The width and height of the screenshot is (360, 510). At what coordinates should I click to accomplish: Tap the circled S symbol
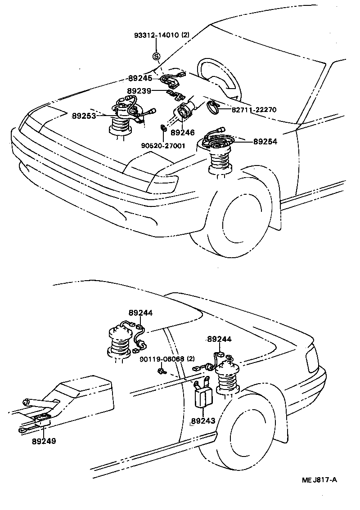click(156, 57)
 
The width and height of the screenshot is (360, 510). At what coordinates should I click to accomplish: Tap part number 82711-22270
click(254, 109)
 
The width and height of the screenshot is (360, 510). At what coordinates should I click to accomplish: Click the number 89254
click(265, 141)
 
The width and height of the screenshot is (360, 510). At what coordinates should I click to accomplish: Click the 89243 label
click(203, 421)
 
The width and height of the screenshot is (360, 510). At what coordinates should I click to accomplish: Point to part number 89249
click(44, 441)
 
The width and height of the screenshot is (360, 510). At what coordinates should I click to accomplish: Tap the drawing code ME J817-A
click(319, 480)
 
